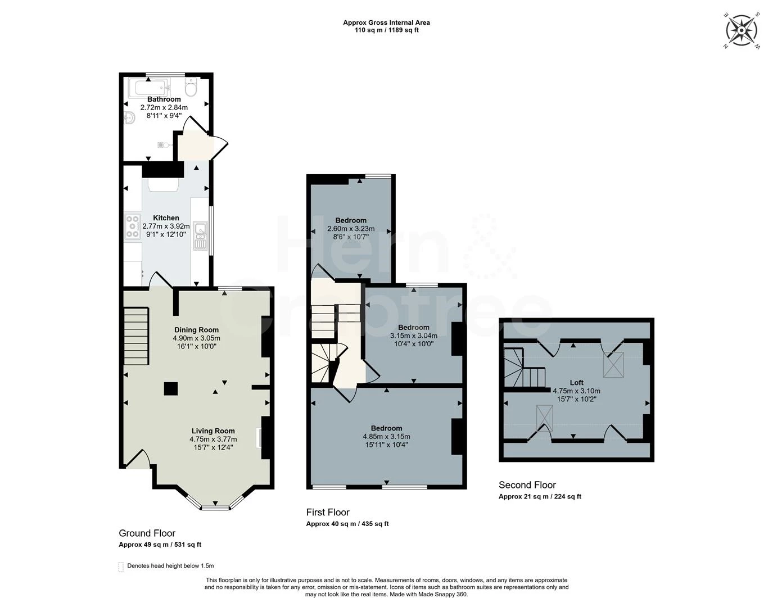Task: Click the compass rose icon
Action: pos(742,29)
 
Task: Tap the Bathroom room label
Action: pos(164,99)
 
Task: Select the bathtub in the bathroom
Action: pos(147,88)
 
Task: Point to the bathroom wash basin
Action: pos(129,119)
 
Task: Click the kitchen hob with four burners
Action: pos(133,226)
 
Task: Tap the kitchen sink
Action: pos(200,235)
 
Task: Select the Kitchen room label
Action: pos(166,218)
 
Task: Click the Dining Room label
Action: pos(196,330)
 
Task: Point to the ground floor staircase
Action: pos(135,336)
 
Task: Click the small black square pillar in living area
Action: pos(171,388)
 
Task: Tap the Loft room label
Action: pos(576,383)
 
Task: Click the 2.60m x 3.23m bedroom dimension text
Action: pos(351,229)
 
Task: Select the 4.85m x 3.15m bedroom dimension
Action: pos(386,437)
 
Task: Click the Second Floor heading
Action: pos(527,485)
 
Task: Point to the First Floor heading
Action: pos(328,512)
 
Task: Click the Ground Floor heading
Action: pos(147,533)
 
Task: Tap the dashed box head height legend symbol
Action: pos(121,567)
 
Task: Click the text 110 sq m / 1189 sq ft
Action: pos(386,30)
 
